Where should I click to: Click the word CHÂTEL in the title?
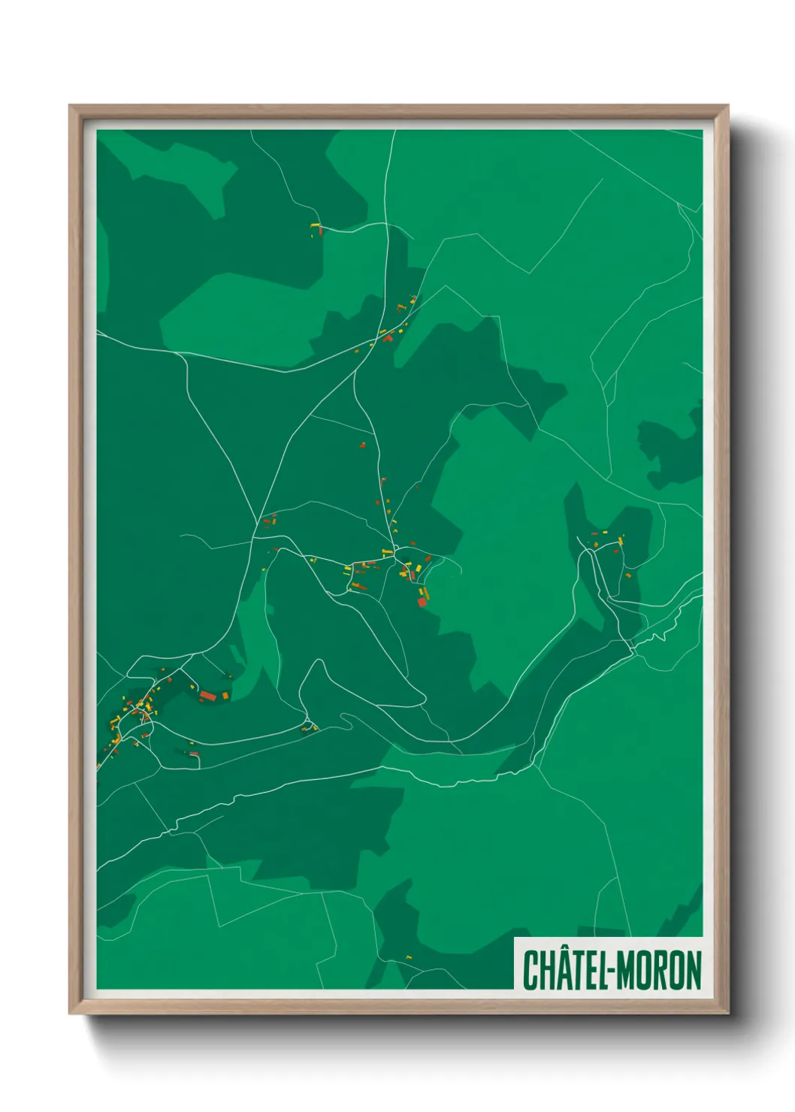click(561, 970)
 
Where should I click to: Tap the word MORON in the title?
click(659, 970)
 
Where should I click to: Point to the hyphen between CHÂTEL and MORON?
click(610, 971)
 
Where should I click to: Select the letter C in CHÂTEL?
click(530, 970)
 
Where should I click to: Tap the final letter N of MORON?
click(693, 970)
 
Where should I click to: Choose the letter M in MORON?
click(625, 970)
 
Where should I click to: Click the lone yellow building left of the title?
click(409, 957)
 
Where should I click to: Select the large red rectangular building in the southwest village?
click(208, 697)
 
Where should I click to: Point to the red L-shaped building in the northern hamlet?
click(388, 339)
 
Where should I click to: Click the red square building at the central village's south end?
click(422, 601)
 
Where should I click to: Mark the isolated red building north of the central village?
click(362, 446)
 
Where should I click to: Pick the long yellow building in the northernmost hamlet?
click(316, 225)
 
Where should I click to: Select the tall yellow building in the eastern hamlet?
click(621, 539)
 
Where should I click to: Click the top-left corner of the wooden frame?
click(71, 106)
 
